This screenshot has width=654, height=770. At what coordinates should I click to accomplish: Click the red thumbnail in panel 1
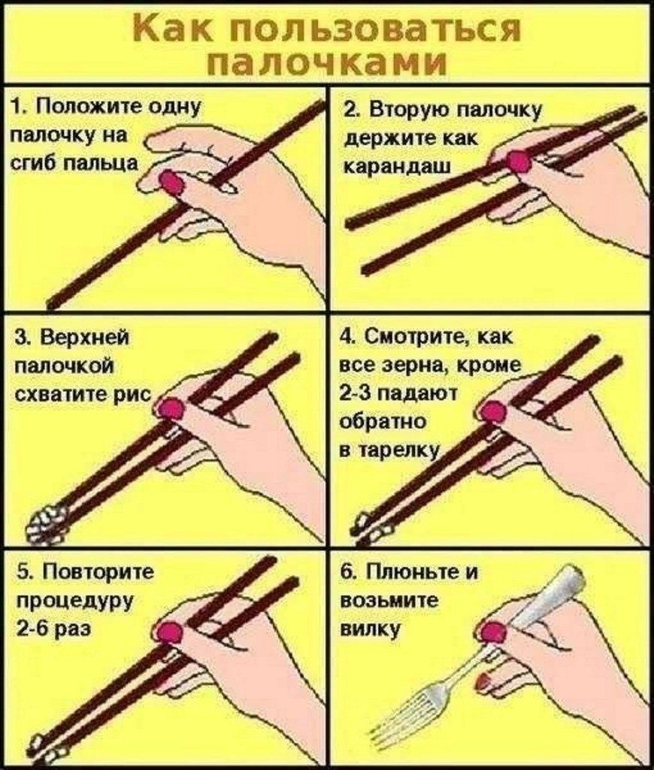click(172, 181)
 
